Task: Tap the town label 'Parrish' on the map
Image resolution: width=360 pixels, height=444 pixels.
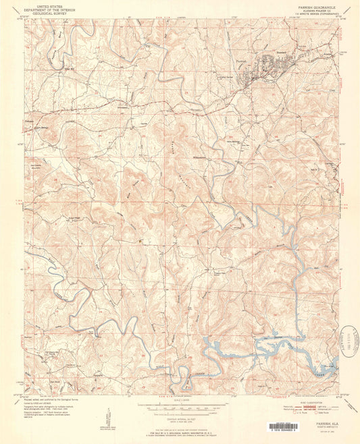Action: coord(244,58)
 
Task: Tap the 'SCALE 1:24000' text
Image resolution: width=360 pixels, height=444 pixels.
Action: coord(180,399)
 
